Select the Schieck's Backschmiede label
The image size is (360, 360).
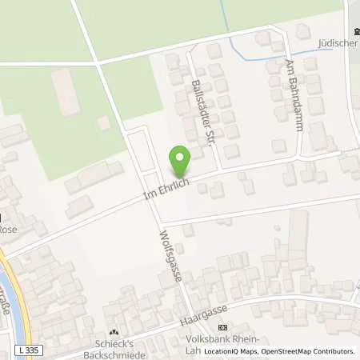click(x=113, y=346)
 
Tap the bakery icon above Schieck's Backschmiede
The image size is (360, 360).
click(x=113, y=333)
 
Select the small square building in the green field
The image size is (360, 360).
click(x=103, y=122)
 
